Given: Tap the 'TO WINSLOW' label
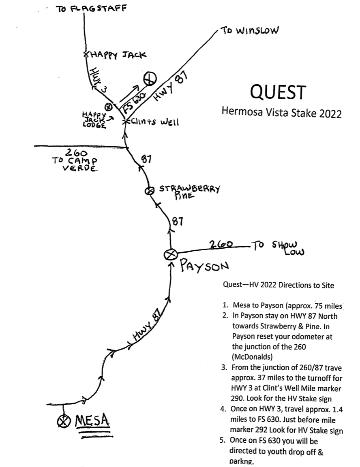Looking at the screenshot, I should pos(249,31).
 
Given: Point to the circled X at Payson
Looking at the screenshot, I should pos(171,254).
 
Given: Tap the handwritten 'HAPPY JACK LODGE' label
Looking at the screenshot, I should pos(94,120).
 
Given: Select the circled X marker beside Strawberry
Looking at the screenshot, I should pos(150,190).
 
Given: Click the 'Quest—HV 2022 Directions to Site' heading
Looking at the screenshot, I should pos(279,285).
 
